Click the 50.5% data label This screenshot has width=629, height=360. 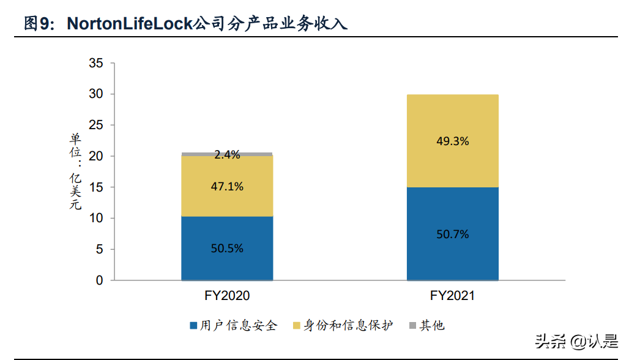pos(228,249)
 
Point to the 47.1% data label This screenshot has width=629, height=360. pos(228,186)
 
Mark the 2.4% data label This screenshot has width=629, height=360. pos(227,155)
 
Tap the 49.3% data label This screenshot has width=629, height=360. pos(453,141)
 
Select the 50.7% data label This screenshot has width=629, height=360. pos(453,234)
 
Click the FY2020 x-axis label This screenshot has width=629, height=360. pos(227,296)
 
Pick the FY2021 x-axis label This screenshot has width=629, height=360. pos(453,296)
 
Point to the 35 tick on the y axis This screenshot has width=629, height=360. pos(95,63)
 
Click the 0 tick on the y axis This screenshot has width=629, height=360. pos(99,280)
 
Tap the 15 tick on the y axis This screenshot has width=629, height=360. pos(95,187)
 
